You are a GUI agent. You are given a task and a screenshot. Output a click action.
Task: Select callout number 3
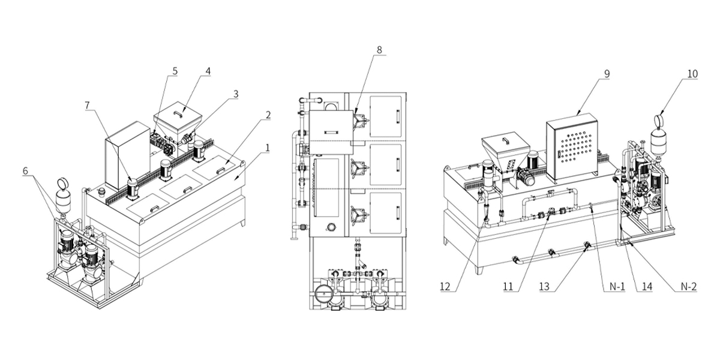(236, 94)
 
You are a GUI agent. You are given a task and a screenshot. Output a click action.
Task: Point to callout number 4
(208, 71)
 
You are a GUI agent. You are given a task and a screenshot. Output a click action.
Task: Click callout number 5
(175, 71)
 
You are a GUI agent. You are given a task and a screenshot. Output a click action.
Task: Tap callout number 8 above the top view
(379, 50)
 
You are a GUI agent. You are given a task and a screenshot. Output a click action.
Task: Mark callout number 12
(445, 286)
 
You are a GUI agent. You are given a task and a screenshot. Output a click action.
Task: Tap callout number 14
(646, 286)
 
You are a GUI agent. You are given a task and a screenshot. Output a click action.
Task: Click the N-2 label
(688, 286)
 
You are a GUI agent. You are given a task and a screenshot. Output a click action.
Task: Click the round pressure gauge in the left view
(62, 183)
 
